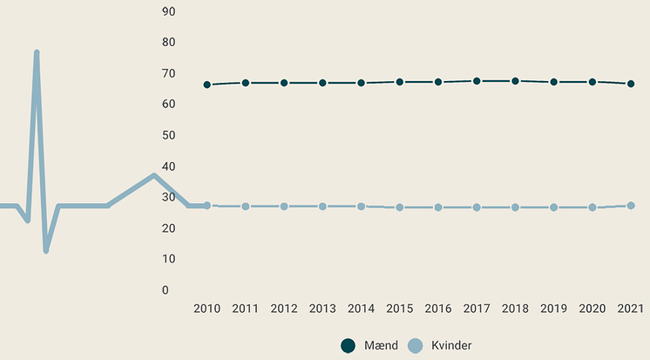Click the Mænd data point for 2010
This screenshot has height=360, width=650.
(x=207, y=85)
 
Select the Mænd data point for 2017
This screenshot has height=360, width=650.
(x=477, y=81)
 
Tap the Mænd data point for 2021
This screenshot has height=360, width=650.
(x=631, y=84)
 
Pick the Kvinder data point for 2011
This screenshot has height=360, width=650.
(x=246, y=207)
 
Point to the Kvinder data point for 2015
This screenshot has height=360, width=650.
(x=400, y=207)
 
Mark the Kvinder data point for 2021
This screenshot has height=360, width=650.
(x=631, y=206)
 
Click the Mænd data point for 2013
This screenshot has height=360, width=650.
(x=322, y=83)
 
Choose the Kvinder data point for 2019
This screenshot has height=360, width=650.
(x=554, y=207)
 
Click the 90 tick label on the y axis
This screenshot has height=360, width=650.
(x=169, y=11)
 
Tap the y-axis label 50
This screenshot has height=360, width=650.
(x=169, y=135)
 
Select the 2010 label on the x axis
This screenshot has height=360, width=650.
(x=207, y=309)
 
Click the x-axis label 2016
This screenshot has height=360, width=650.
(x=438, y=309)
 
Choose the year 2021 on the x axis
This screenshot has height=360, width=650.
(x=631, y=309)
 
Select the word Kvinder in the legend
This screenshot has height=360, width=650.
(x=451, y=346)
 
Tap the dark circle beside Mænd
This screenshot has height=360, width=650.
(x=349, y=346)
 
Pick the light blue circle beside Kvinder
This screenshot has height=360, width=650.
(x=416, y=346)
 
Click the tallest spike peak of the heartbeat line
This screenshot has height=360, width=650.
(x=37, y=52)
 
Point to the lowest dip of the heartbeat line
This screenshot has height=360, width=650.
(x=45, y=251)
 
